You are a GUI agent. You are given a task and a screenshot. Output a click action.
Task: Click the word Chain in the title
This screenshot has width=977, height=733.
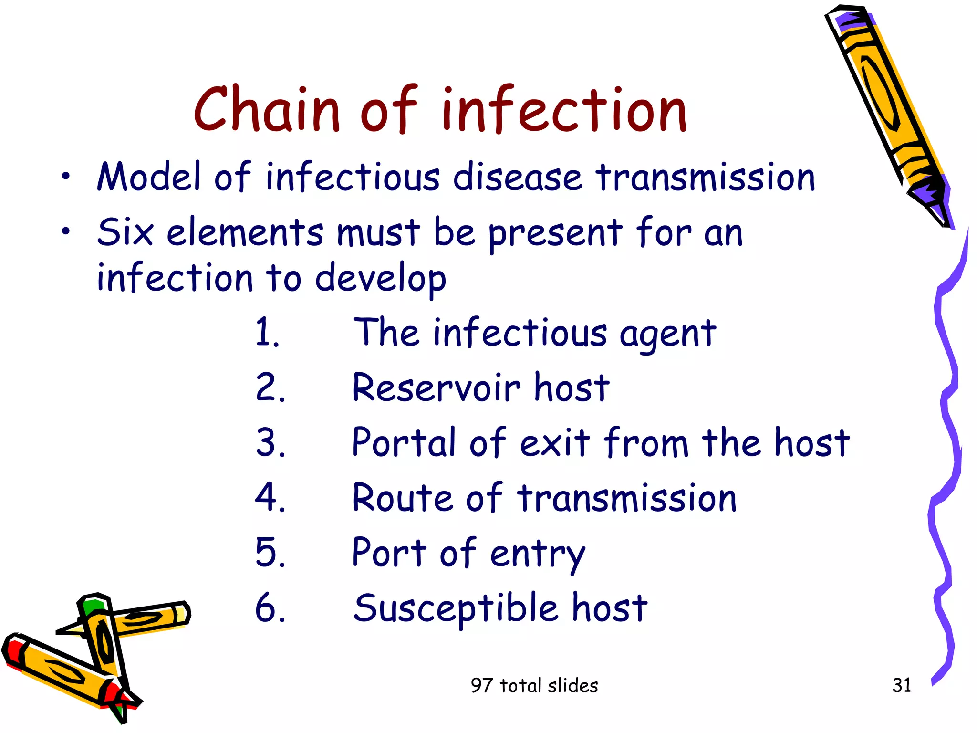pos(266,110)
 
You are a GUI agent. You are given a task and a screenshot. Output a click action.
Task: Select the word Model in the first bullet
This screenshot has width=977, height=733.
pos(149,178)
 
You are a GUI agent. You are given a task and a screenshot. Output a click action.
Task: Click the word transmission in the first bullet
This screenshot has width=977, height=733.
pos(705,178)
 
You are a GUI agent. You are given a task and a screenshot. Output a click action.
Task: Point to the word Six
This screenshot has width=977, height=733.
pos(125,232)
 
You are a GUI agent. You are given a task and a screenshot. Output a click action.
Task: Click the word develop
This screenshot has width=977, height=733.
pos(380,279)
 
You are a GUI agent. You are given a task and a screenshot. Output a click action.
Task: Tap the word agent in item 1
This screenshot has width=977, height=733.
pos(668,334)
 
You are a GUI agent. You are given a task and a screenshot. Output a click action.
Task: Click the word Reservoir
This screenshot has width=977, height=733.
pos(436,387)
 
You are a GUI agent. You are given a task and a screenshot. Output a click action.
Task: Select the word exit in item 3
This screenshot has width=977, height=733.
pos(555,443)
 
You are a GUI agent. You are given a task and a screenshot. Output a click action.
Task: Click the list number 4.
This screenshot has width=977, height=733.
pos(270,498)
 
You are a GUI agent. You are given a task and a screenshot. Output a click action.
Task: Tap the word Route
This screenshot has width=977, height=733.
pos(403,498)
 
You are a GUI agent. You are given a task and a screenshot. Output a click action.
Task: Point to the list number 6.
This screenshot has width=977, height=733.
pos(270,608)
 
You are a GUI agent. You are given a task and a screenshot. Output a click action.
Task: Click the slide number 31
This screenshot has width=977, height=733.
pos(901,685)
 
